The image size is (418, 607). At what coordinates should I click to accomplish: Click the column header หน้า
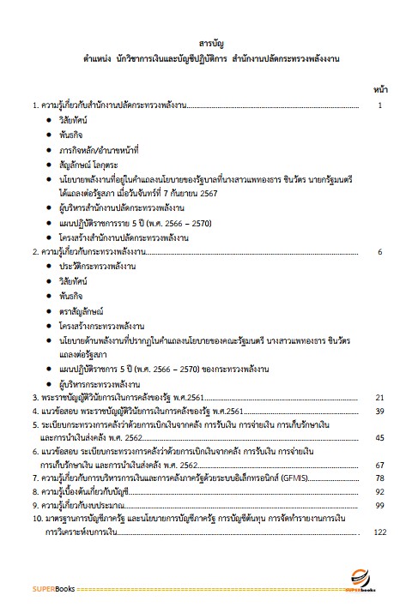pyautogui.click(x=380, y=89)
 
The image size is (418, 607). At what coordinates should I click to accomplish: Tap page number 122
pyautogui.click(x=379, y=532)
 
